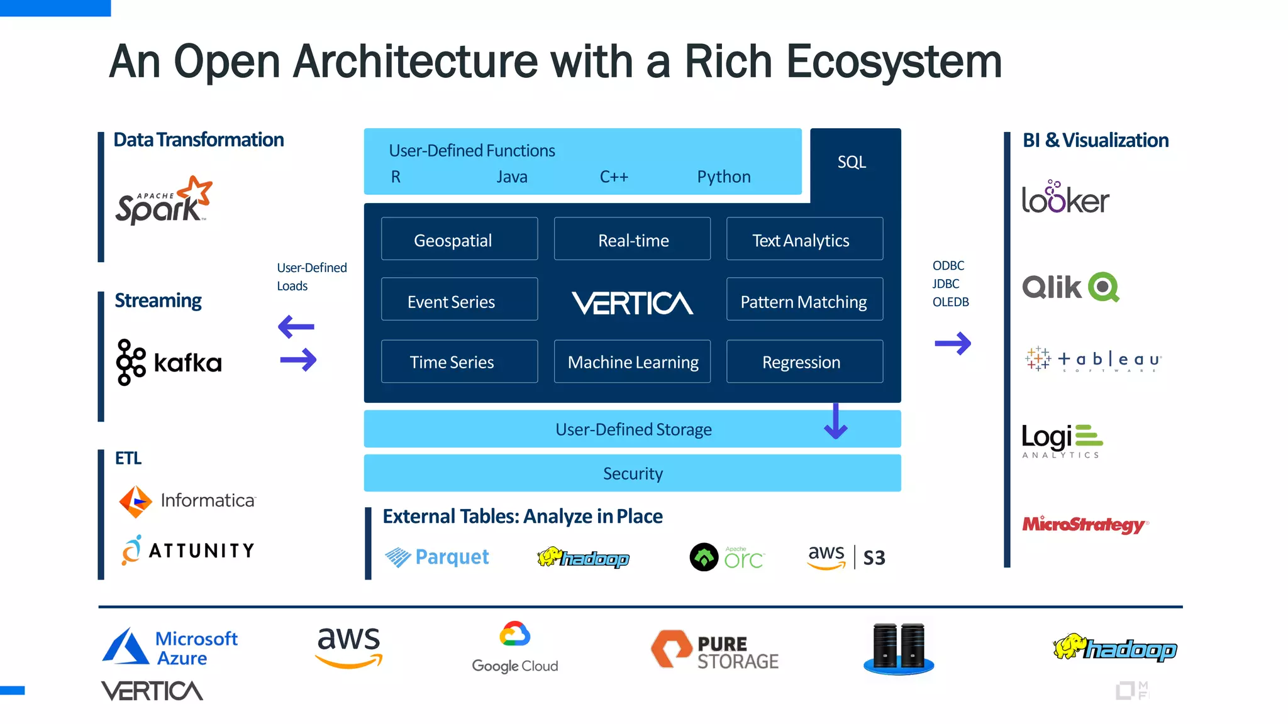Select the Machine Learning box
point(632,362)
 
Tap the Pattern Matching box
point(804,301)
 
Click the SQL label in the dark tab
point(852,162)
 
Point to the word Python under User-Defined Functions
point(723,177)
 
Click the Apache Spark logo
point(164,201)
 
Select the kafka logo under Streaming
point(169,363)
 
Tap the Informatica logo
point(187,501)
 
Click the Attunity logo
point(187,551)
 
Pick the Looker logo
point(1065,199)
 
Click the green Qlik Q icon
point(1104,287)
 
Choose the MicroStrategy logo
point(1085,525)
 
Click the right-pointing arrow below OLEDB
point(953,343)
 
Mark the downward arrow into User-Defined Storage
point(836,421)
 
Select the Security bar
point(632,473)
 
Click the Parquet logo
point(437,557)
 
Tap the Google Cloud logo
point(515,647)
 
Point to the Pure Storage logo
point(714,650)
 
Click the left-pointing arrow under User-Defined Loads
point(296,326)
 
